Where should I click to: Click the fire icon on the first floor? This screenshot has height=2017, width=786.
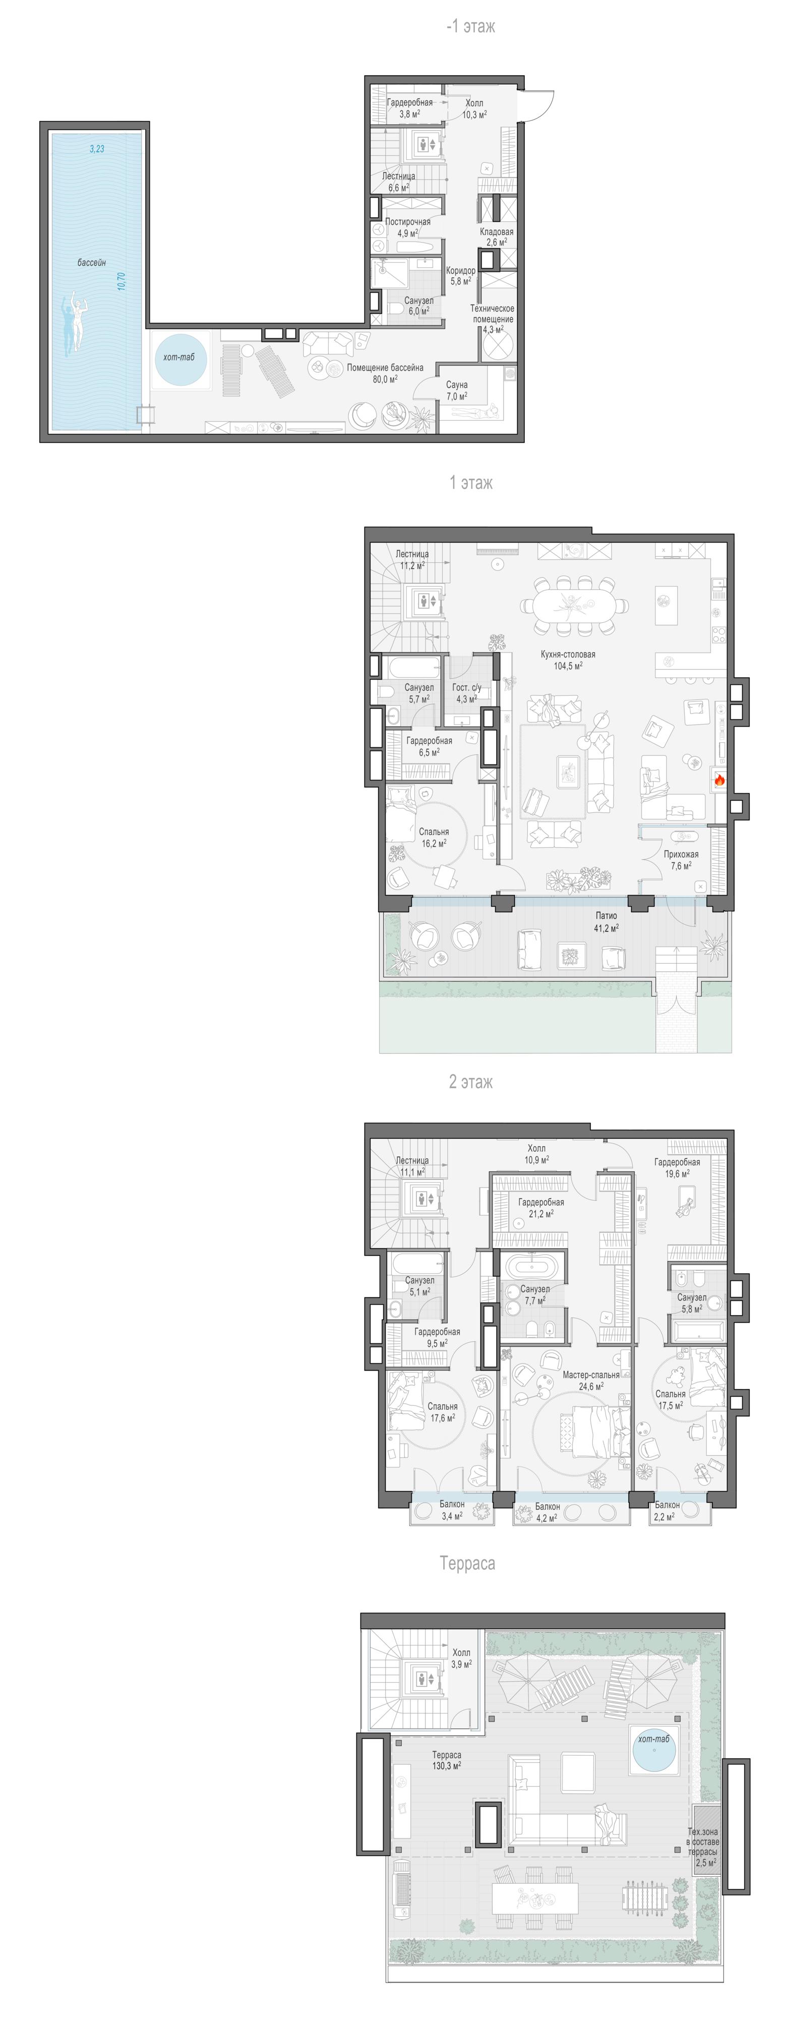(718, 780)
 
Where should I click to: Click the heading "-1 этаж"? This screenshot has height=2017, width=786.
(470, 27)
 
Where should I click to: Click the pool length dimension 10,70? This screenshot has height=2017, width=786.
(120, 281)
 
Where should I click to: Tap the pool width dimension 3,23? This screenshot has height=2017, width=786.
(96, 148)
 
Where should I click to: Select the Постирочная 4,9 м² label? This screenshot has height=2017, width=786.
(407, 227)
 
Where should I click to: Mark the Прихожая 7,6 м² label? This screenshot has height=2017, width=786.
(681, 860)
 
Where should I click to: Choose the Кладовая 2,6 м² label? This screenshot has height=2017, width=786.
(496, 237)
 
